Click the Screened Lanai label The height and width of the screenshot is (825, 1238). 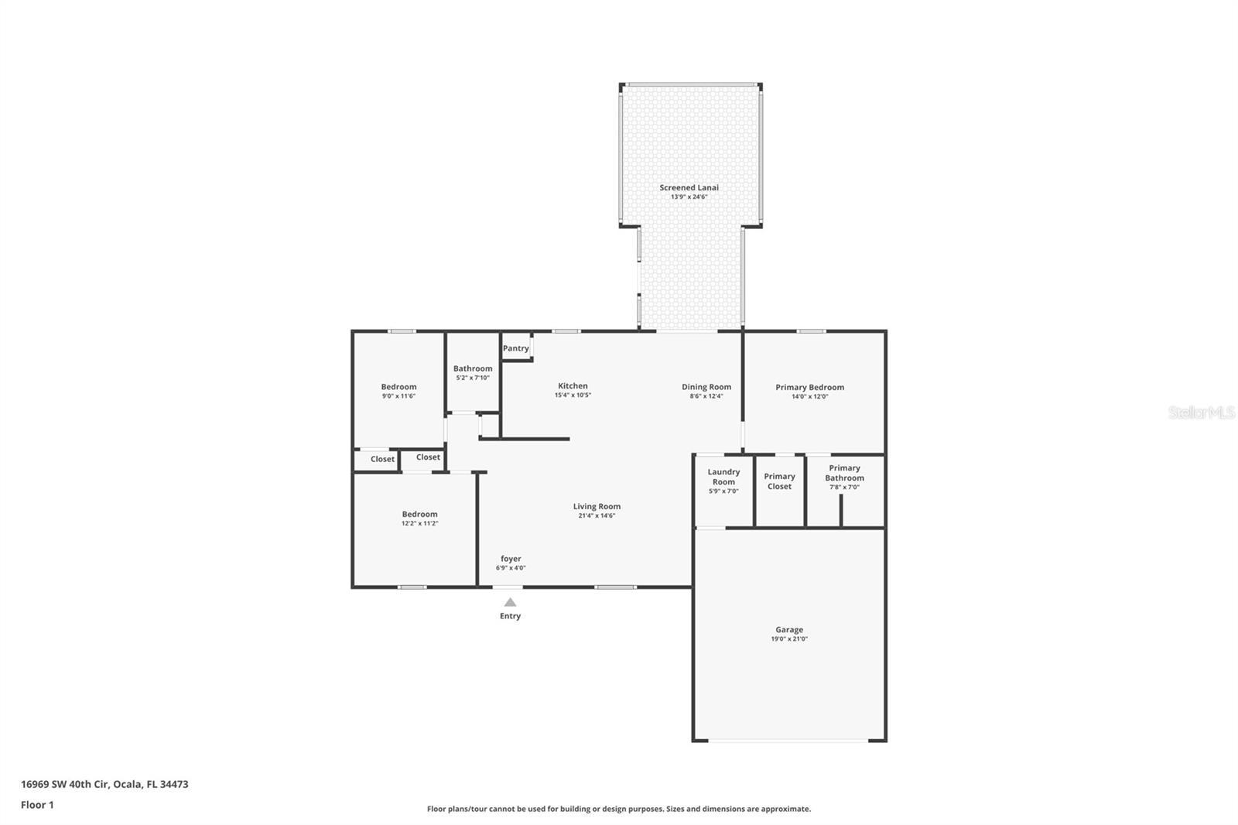click(x=689, y=187)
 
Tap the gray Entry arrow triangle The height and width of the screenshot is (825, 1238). click(x=510, y=602)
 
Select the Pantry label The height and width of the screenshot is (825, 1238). click(x=515, y=348)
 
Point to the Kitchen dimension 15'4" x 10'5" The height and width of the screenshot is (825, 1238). click(x=573, y=395)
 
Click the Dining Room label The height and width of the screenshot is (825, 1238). click(x=706, y=387)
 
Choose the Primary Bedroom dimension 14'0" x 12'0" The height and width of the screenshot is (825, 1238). click(x=809, y=396)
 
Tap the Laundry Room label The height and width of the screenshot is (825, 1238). click(x=723, y=477)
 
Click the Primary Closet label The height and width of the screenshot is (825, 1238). click(x=779, y=481)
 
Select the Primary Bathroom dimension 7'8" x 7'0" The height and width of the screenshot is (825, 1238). click(x=844, y=487)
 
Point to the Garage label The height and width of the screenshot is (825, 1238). click(x=789, y=629)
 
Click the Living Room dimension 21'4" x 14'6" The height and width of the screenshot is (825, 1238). click(x=597, y=515)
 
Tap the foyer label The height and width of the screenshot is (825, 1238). click(x=511, y=559)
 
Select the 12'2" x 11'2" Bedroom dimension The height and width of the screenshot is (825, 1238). click(x=419, y=523)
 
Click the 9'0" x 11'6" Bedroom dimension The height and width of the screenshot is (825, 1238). click(x=398, y=396)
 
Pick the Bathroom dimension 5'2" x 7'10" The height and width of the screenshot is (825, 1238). click(x=473, y=378)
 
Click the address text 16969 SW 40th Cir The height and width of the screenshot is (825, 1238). click(x=65, y=784)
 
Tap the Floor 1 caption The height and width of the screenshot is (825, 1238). click(x=38, y=805)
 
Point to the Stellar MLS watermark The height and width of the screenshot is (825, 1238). click(x=1201, y=412)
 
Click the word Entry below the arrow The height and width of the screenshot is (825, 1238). click(x=510, y=616)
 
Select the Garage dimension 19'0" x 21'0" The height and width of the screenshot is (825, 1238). click(x=789, y=638)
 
